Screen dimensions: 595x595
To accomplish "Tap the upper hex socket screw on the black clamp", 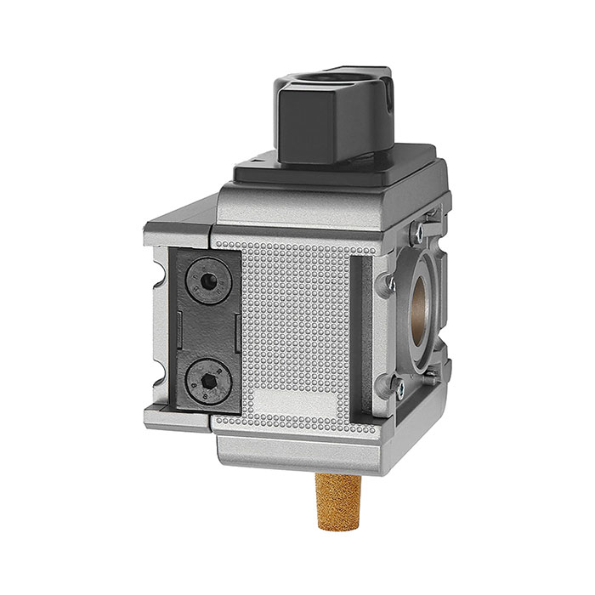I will click(207, 282).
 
